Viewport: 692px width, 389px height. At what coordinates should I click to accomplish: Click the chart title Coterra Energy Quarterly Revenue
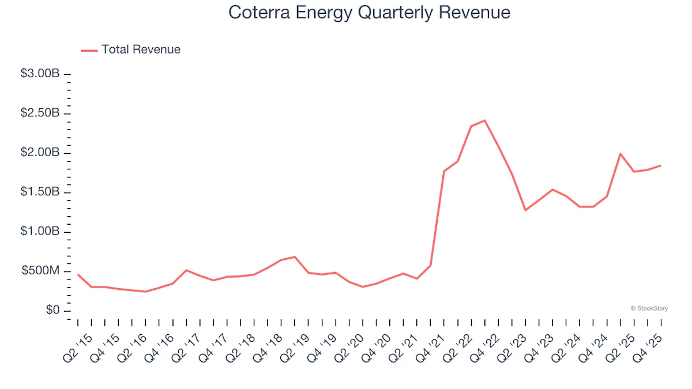coord(369,13)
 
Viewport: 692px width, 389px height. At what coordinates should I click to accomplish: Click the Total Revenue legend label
coord(141,50)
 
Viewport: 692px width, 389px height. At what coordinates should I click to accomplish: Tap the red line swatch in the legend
coord(89,50)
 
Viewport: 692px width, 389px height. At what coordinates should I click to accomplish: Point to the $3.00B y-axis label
coord(40,74)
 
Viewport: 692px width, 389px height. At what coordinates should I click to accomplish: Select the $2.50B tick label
coord(40,114)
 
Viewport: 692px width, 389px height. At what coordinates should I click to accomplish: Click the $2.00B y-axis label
coord(40,153)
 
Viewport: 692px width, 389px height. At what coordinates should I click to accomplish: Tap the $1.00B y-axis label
coord(40,232)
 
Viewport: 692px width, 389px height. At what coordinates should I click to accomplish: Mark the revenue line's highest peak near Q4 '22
coord(484,120)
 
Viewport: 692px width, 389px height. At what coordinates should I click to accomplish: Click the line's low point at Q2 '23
coord(525,210)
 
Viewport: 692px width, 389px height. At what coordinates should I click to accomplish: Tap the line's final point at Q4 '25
coord(660,165)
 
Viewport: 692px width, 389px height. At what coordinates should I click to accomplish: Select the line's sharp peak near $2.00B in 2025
coord(620,154)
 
